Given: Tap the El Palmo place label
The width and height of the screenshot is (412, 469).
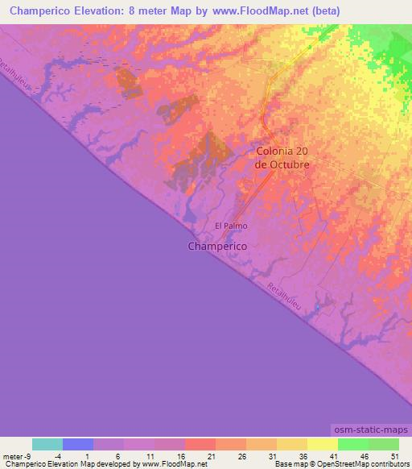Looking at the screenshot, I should tap(230, 226).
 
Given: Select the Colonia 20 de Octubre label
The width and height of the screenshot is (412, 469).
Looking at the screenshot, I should tap(282, 157).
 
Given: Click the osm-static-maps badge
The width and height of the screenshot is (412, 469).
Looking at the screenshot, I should tap(369, 430).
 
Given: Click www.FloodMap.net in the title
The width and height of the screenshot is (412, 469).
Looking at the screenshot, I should tap(249, 11).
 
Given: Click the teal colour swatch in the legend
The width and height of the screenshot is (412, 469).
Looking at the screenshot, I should tap(47, 444).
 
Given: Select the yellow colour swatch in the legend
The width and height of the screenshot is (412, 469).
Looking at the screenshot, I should tap(322, 444).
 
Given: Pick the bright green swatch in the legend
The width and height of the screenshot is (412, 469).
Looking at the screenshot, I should tap(352, 444).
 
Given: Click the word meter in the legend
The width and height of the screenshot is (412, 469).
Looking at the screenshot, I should tap(14, 455).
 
